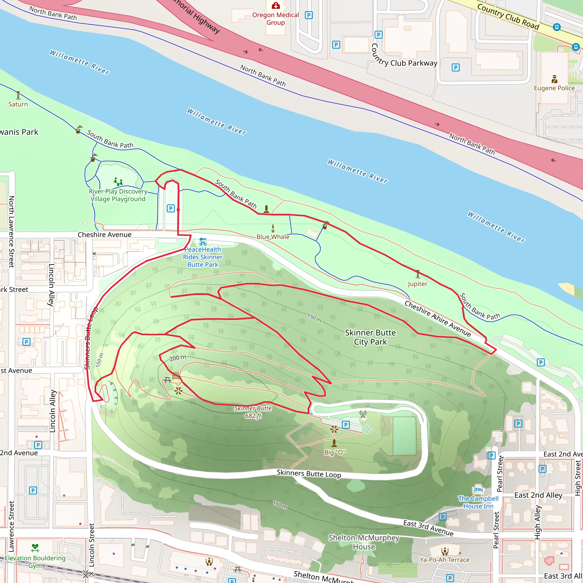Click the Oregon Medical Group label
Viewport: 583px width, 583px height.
(x=275, y=19)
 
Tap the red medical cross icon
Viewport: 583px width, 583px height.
(x=276, y=5)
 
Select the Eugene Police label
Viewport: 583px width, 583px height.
(x=554, y=88)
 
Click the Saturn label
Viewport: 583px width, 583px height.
(x=18, y=104)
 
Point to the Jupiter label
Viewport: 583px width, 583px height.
(x=417, y=284)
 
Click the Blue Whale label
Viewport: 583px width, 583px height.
(x=273, y=237)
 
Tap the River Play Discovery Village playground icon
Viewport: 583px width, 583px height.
(x=118, y=182)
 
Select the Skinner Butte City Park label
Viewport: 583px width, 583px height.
(x=370, y=337)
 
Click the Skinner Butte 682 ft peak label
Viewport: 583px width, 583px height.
(x=253, y=412)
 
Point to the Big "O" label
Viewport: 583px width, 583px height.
(x=334, y=452)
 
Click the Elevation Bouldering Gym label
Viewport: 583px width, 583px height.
(x=35, y=562)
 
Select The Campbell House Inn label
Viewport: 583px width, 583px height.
(x=478, y=502)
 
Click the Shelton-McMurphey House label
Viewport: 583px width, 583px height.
(x=364, y=542)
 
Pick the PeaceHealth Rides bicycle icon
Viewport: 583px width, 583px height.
(x=203, y=242)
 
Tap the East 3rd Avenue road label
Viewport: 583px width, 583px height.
(x=428, y=528)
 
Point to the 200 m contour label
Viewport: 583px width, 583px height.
(x=177, y=358)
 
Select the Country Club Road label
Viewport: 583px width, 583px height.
(x=508, y=16)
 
